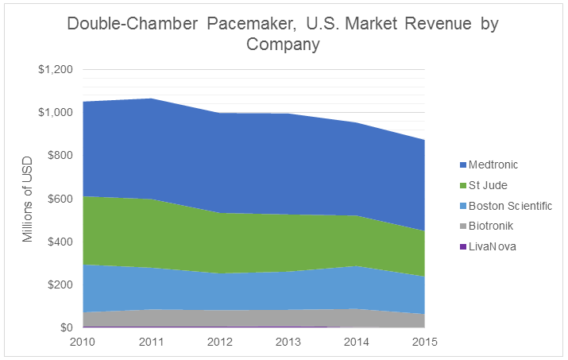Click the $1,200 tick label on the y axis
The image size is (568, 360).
pos(56,70)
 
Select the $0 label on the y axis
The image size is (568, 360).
pos(67,327)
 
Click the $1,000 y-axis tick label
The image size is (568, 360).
pos(56,113)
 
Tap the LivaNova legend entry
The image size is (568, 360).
pos(492,246)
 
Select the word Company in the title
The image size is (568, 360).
pos(283,45)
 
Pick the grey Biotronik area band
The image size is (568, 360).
pos(254,316)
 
